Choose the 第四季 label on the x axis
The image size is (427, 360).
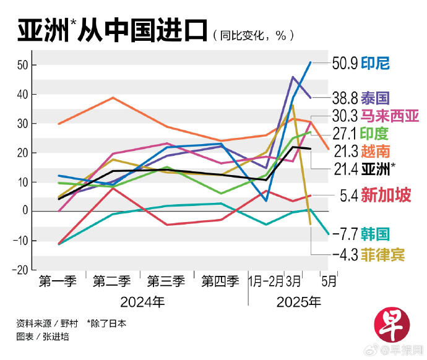coord(220,281)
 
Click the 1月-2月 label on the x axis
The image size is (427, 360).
coord(267,281)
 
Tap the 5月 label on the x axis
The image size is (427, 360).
coord(329,281)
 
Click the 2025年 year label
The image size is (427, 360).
coord(300,302)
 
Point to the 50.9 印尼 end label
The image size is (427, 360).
coord(363,63)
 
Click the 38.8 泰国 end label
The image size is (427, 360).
coord(361,97)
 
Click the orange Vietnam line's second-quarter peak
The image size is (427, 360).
coord(112,97)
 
